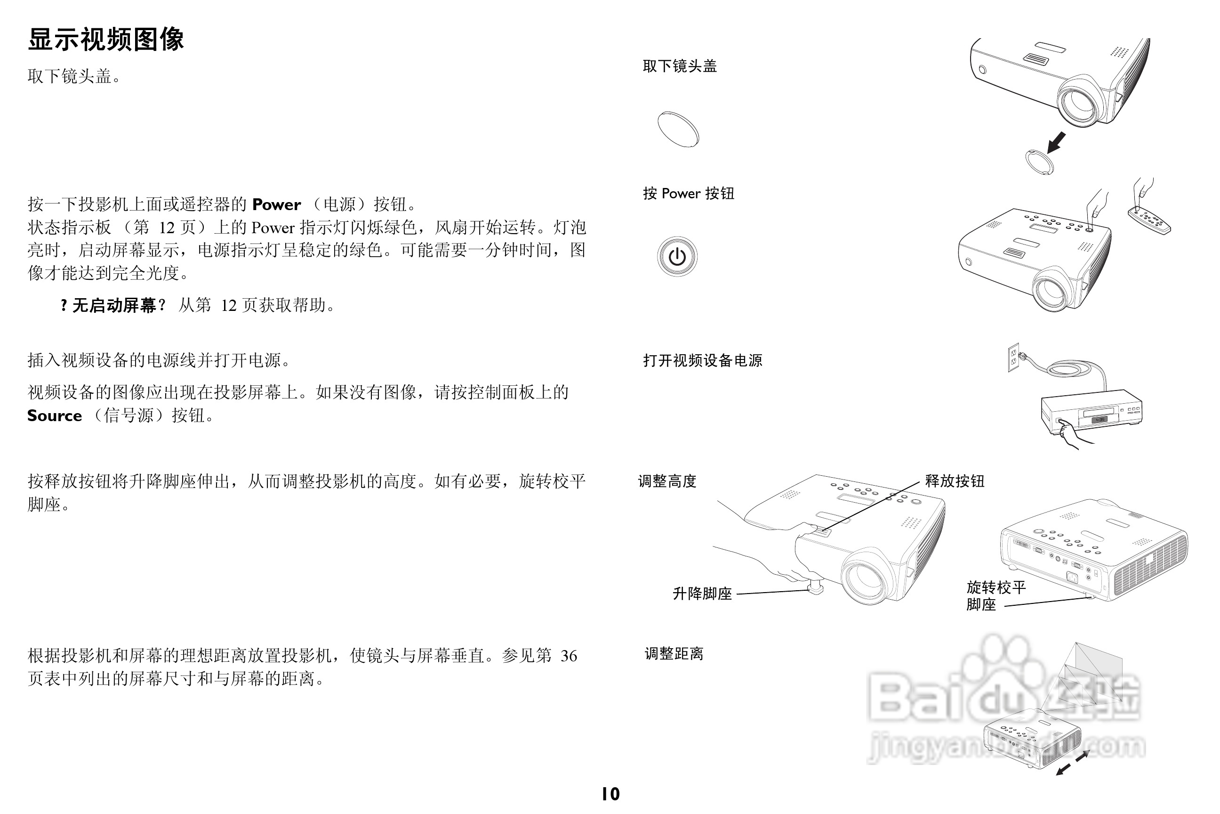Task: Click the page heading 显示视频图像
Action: coord(106,40)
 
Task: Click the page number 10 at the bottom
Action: coord(610,794)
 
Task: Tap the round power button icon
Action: coord(677,256)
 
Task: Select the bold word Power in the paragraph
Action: coord(276,204)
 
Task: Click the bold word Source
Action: coord(55,416)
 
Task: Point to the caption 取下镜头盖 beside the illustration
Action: coord(680,66)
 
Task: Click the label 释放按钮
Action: coord(955,481)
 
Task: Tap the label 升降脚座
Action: coord(702,594)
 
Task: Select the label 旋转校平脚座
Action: coord(995,595)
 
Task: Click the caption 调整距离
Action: coord(674,653)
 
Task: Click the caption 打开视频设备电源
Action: coord(702,360)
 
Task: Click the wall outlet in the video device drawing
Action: coord(1013,357)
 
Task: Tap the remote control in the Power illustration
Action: coord(1149,220)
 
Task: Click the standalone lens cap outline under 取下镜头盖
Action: coord(678,129)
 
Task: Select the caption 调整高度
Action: coord(667,481)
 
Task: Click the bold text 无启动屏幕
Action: coord(114,305)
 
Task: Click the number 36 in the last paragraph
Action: coord(569,656)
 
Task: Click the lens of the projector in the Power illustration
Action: coord(1052,290)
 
